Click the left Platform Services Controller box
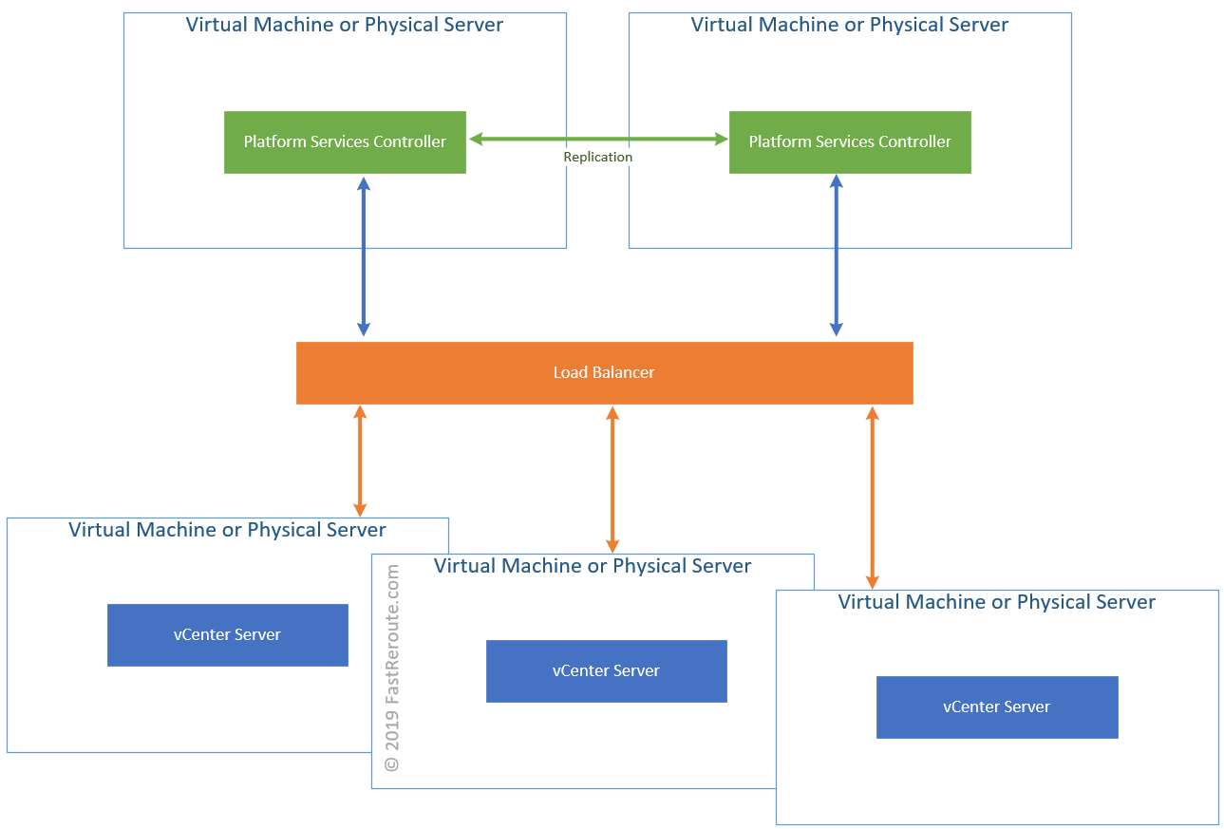pyautogui.click(x=345, y=142)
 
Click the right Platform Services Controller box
pyautogui.click(x=850, y=142)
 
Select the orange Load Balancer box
pyautogui.click(x=604, y=373)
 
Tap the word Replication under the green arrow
pyautogui.click(x=597, y=157)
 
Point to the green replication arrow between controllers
pyautogui.click(x=598, y=140)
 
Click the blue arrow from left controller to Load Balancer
pyautogui.click(x=363, y=256)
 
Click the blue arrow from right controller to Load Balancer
pyautogui.click(x=837, y=256)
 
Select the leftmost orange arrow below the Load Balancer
pyautogui.click(x=360, y=461)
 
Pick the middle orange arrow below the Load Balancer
pyautogui.click(x=612, y=480)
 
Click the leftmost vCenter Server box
pyautogui.click(x=228, y=635)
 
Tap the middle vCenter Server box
pyautogui.click(x=606, y=671)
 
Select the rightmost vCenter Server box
pyautogui.click(x=997, y=707)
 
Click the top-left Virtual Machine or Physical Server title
pyautogui.click(x=345, y=25)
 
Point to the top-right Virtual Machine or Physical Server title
pyautogui.click(x=850, y=25)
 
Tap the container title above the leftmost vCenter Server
pyautogui.click(x=227, y=530)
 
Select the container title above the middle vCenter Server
pyautogui.click(x=593, y=566)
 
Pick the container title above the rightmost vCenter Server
pyautogui.click(x=997, y=602)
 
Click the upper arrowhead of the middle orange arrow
pyautogui.click(x=612, y=413)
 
